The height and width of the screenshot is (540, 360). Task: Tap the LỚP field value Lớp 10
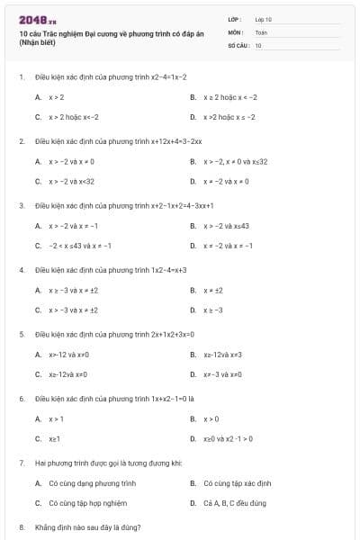[x=264, y=19]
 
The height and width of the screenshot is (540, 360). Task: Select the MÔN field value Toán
[x=260, y=31]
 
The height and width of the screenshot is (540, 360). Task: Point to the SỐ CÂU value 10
[x=258, y=44]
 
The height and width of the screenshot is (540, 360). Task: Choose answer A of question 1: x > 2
[x=56, y=96]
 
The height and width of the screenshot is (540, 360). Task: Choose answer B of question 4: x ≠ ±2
[x=212, y=290]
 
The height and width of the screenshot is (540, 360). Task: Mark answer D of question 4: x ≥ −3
[x=212, y=310]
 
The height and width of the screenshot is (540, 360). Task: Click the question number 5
[x=22, y=334]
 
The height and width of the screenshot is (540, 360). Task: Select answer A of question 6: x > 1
[x=56, y=418]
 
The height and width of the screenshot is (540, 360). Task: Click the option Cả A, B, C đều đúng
[x=235, y=503]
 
